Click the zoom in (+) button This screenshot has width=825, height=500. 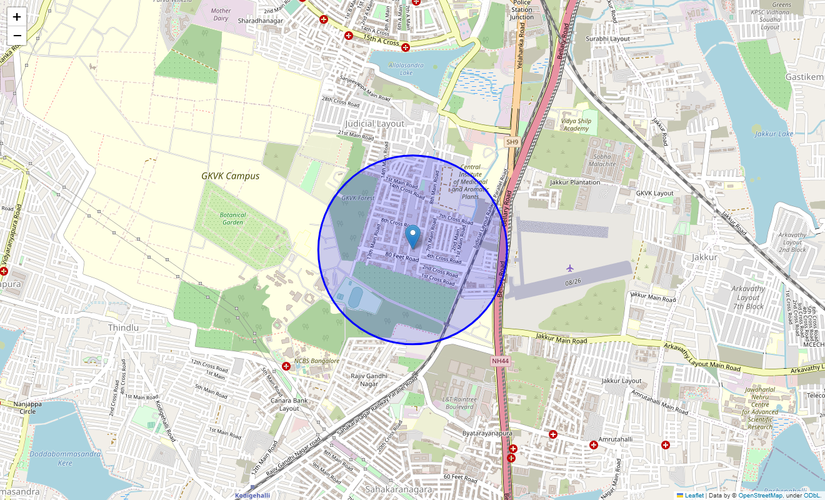click(x=17, y=17)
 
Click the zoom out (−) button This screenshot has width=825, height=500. click(x=17, y=36)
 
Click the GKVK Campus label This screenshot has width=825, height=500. click(x=230, y=176)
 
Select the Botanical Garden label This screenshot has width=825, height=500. click(x=233, y=218)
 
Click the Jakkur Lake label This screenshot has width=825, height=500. click(x=774, y=134)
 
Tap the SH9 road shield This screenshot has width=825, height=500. click(x=512, y=142)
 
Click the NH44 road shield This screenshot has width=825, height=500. click(x=500, y=361)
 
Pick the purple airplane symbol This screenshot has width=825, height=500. click(x=570, y=268)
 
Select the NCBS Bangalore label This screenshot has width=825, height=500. click(x=317, y=361)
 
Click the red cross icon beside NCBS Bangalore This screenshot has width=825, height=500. click(x=286, y=366)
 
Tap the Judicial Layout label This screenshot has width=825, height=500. click(x=375, y=124)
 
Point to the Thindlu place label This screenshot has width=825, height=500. click(x=123, y=327)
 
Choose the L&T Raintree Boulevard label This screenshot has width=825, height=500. click(x=459, y=403)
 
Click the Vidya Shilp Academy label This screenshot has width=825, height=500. click(x=576, y=125)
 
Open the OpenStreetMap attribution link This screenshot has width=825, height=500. click(x=760, y=496)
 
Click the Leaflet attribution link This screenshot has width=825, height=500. click(x=694, y=496)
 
